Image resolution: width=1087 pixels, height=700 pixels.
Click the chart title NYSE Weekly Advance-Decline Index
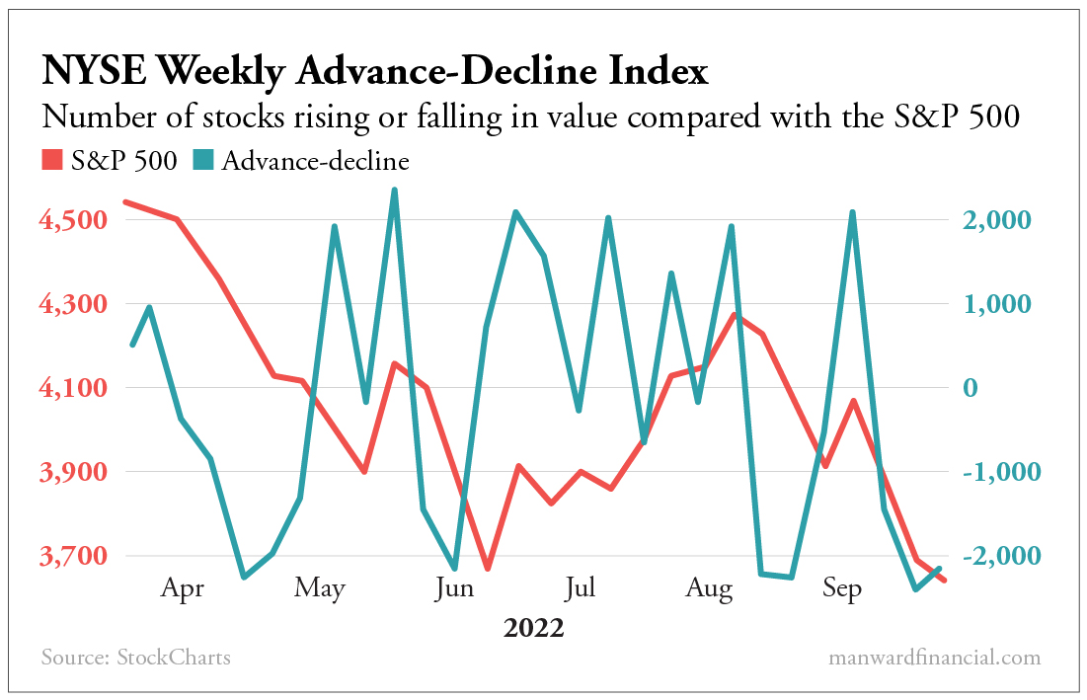click(x=374, y=72)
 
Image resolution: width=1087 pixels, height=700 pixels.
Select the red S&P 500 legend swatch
click(x=51, y=160)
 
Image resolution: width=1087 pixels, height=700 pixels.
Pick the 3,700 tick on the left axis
click(x=74, y=557)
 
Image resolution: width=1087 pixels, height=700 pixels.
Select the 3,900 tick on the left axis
click(x=74, y=473)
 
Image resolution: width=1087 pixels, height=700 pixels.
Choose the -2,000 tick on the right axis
click(x=995, y=557)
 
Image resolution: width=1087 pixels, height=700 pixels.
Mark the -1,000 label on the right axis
click(x=995, y=473)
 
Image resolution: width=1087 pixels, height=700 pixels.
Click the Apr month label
click(x=183, y=589)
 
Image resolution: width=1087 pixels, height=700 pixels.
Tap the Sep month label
click(x=841, y=589)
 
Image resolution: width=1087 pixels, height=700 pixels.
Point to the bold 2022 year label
click(x=533, y=628)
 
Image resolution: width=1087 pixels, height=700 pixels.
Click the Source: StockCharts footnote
click(x=136, y=658)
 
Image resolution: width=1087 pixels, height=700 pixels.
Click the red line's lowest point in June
click(x=487, y=569)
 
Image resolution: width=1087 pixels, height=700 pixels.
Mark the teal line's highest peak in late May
click(x=394, y=190)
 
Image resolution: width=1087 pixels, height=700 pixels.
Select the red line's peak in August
click(x=732, y=315)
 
